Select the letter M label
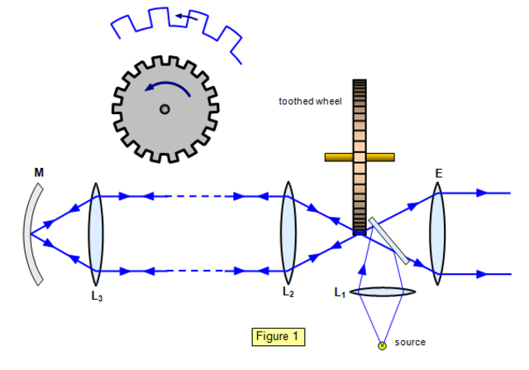point(39,172)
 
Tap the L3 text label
point(97,296)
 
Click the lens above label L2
point(288,231)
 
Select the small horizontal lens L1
point(381,292)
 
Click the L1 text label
point(340,292)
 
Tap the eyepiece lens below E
point(437,231)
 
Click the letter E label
point(438,174)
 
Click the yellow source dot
point(382,344)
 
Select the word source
point(410,342)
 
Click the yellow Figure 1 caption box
point(278,337)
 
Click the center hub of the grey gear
point(164,108)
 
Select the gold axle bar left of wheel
point(338,156)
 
